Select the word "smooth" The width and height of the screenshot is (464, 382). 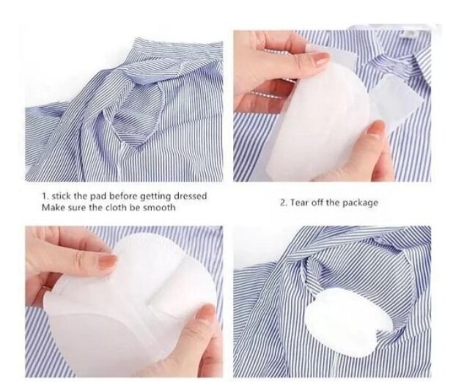pos(159,207)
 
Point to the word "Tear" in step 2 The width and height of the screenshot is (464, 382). pos(298,202)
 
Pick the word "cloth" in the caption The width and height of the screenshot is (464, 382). pos(115,207)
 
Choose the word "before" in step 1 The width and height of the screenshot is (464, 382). pos(123,196)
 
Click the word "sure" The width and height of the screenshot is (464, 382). pos(69,207)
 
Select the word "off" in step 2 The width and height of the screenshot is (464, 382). pos(314,202)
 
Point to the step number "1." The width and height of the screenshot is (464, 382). pos(45,196)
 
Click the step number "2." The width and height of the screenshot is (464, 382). pos(284,202)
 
